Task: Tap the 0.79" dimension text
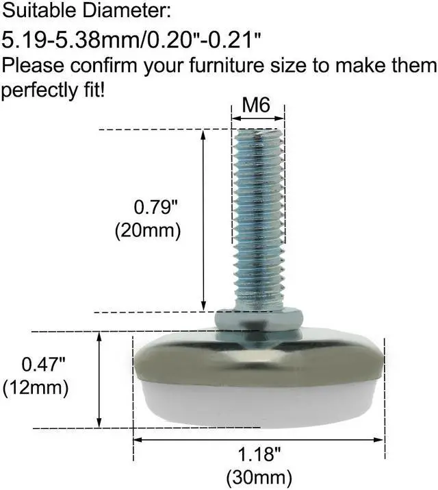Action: point(149,206)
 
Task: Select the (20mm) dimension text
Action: point(147,231)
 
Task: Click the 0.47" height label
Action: point(36,363)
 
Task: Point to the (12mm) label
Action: point(36,387)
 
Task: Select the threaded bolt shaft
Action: point(258,219)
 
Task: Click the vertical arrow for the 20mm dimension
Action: point(203,219)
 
